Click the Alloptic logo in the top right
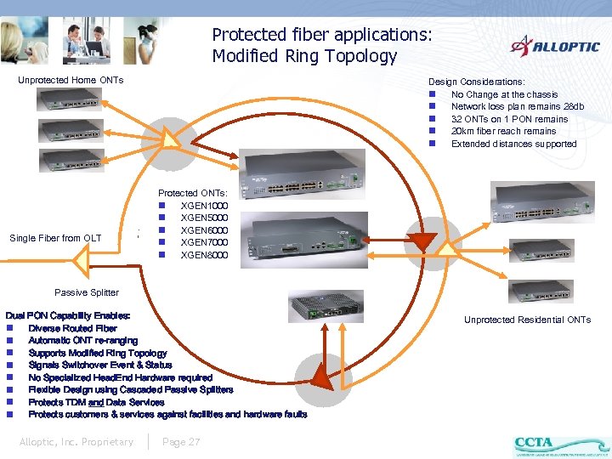(554, 46)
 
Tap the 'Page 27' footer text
(181, 442)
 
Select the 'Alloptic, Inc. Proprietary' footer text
(76, 442)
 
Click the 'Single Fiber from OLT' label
(55, 238)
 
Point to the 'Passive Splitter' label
(87, 292)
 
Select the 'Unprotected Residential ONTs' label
(527, 320)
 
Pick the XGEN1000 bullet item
(204, 206)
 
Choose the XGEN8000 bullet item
(204, 255)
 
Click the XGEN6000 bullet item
(204, 230)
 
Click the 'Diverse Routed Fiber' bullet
(73, 328)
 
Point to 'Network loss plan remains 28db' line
(518, 107)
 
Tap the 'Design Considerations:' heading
(476, 82)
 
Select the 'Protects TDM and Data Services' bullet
(96, 402)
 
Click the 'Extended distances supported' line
(513, 144)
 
